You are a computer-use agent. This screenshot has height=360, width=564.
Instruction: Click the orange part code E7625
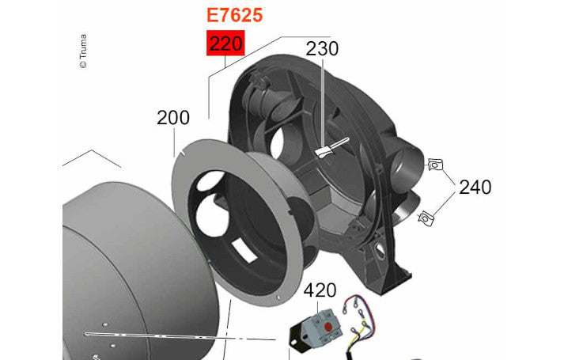click(234, 15)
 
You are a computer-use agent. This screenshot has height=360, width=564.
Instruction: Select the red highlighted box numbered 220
click(225, 44)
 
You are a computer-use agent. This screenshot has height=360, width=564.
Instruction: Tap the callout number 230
click(322, 48)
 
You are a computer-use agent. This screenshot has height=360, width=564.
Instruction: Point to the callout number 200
click(173, 118)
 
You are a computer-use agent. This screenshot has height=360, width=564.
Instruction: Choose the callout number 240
click(475, 187)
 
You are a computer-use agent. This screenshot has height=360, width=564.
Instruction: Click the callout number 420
click(320, 290)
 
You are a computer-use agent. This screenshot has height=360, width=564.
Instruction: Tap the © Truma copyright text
click(83, 51)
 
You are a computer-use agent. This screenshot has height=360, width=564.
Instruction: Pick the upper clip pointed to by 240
click(435, 165)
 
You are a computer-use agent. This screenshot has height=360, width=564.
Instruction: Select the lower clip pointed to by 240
click(426, 218)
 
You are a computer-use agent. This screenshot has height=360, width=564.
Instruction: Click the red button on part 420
click(327, 327)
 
